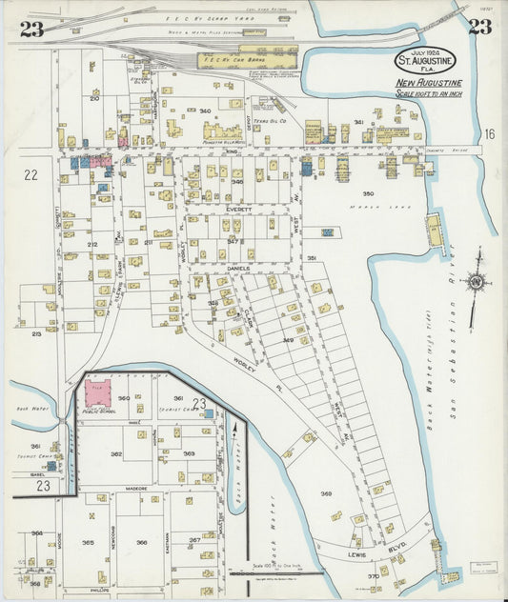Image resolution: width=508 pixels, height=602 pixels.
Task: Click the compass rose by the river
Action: coord(474,282)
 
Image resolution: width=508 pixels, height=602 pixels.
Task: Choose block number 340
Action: coord(205,111)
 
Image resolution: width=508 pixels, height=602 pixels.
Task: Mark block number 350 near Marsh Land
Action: coord(368,193)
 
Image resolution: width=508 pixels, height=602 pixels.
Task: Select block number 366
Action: coord(141,542)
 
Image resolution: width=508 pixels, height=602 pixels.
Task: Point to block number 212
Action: coord(92,245)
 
